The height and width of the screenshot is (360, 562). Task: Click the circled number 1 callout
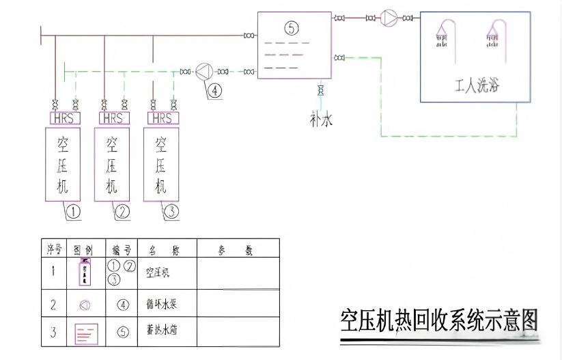point(73,212)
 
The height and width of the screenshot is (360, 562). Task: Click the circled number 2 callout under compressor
point(122,212)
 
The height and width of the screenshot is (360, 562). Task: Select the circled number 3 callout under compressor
point(171,212)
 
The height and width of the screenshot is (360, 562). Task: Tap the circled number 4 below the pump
point(214,90)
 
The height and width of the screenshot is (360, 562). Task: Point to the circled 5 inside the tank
point(292,28)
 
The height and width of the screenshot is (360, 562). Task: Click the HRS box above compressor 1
point(64,118)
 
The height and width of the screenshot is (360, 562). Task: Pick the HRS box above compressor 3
point(162,118)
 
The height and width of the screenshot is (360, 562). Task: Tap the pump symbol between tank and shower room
point(389,17)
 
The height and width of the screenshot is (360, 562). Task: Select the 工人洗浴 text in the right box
point(475,87)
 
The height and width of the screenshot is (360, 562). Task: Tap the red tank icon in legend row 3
point(86,333)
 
